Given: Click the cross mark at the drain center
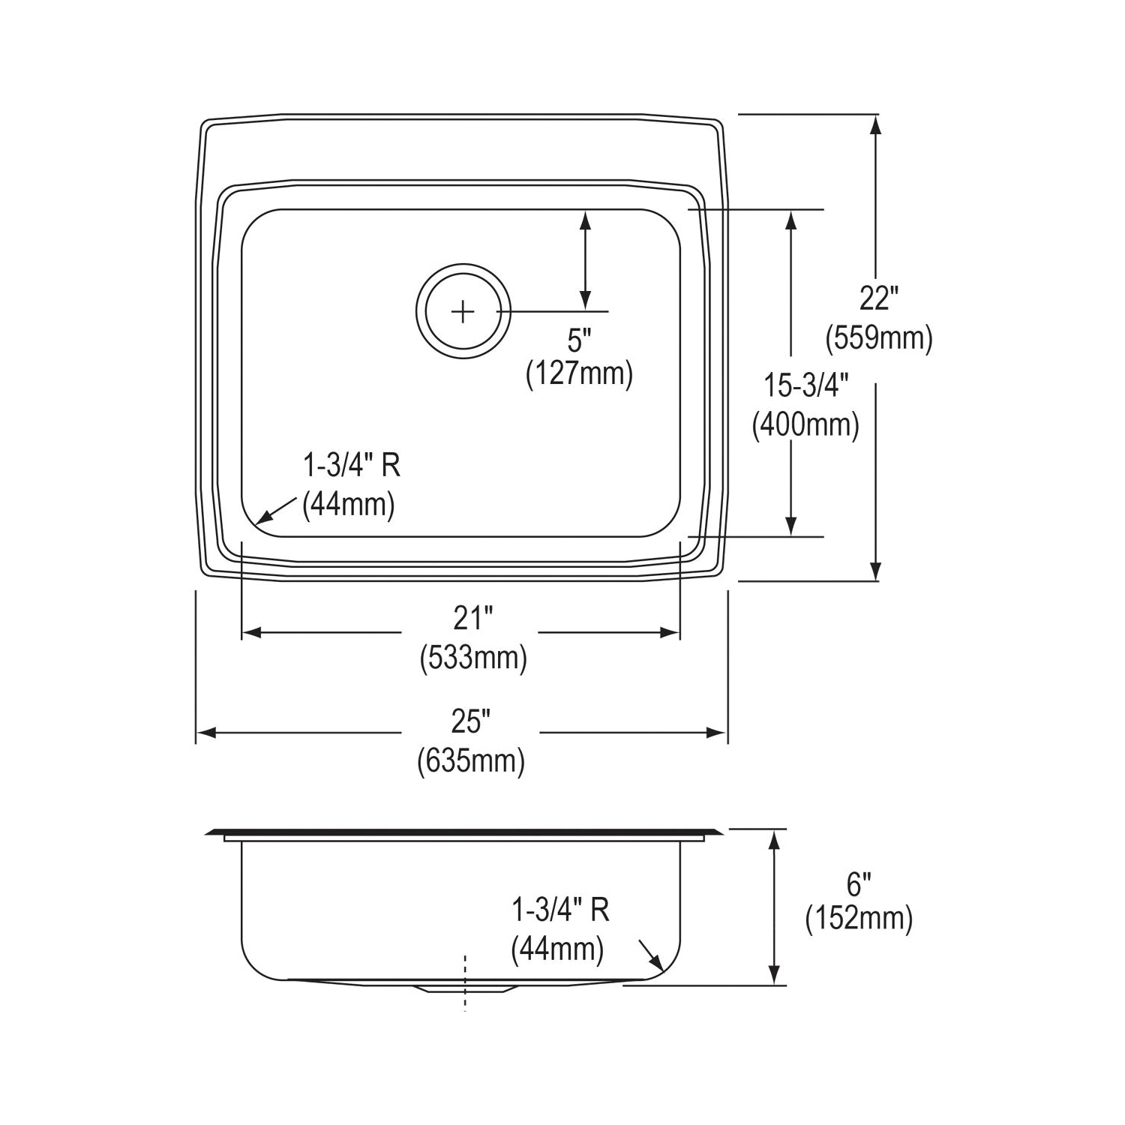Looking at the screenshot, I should click(463, 311).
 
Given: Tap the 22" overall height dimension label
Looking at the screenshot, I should click(878, 298).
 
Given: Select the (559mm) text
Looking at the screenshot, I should click(879, 338).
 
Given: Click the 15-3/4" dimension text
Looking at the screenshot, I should click(805, 385).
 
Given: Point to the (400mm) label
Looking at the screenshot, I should click(805, 425).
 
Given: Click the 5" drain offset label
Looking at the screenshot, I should click(578, 341).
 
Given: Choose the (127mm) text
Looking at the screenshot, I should click(579, 373).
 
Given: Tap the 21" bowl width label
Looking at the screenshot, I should click(472, 618).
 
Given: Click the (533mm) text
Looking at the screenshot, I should click(472, 658).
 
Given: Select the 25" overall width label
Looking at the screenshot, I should click(470, 721).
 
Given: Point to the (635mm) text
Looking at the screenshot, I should click(470, 761).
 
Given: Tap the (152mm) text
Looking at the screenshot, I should click(859, 918).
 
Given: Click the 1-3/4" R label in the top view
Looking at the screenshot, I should click(351, 466).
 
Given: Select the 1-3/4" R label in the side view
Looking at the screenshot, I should click(560, 910).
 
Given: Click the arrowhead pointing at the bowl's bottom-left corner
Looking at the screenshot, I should click(262, 518).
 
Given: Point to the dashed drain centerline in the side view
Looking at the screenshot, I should click(465, 982).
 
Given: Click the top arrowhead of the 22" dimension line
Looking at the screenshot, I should click(874, 124).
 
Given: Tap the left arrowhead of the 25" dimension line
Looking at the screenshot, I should click(205, 733).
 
